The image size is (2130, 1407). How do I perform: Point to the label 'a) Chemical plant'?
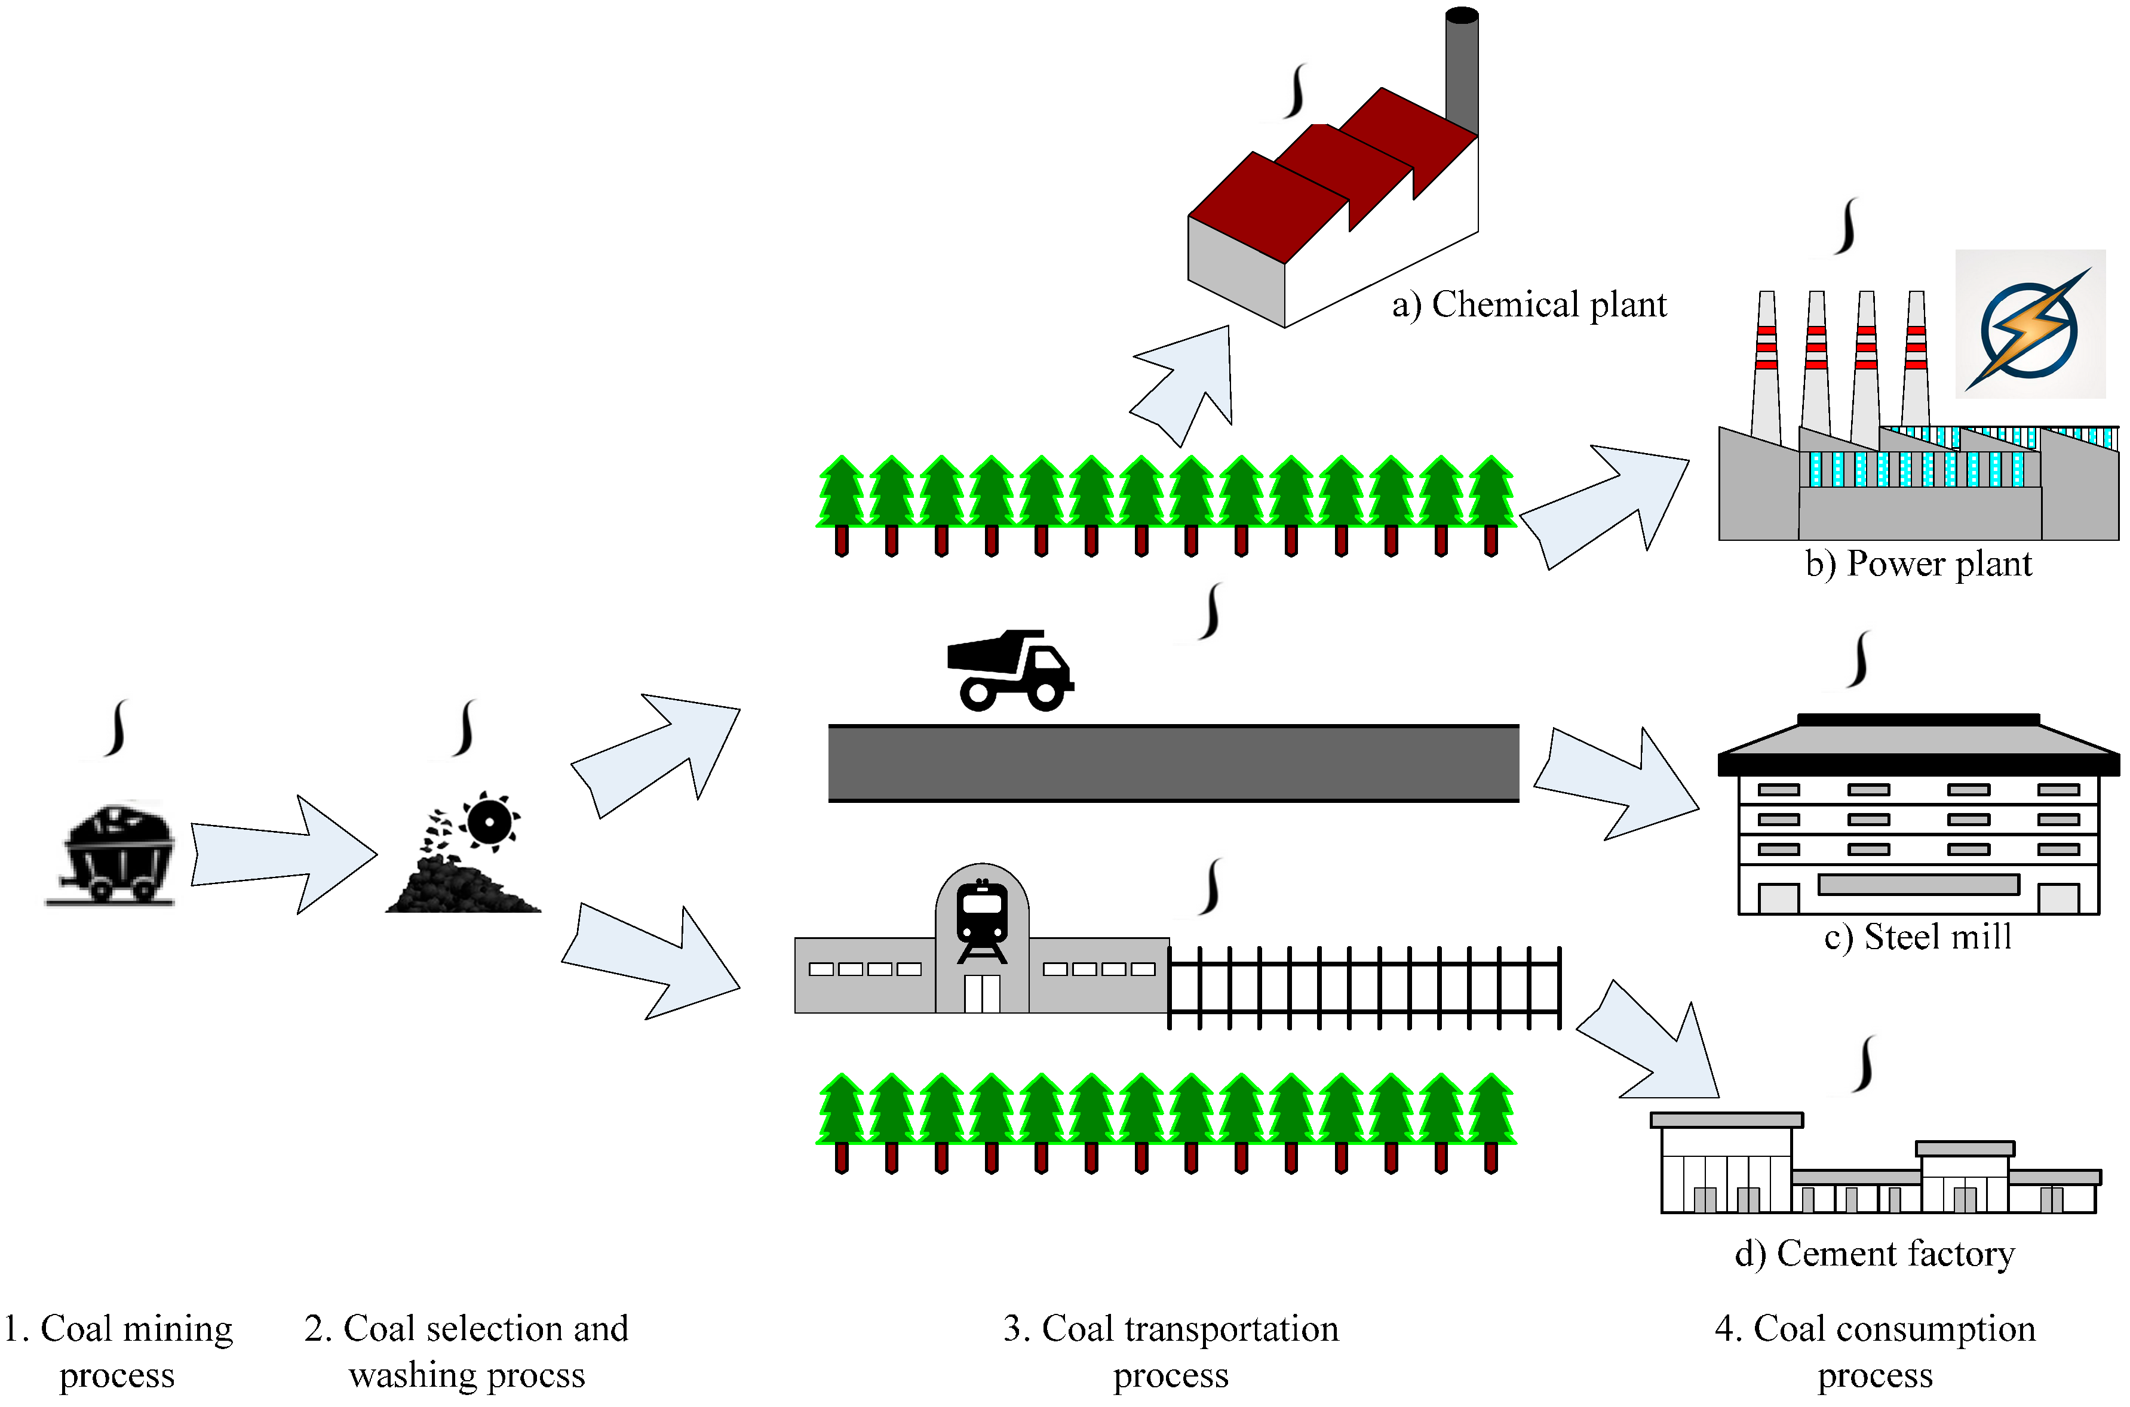coord(1528,305)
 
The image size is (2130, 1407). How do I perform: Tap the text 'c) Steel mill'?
coord(1917,937)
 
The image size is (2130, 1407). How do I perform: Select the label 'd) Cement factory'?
coord(1874,1254)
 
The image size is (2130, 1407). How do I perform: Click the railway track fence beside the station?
coord(1364,987)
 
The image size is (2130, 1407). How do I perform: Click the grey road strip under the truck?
coord(1173,763)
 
